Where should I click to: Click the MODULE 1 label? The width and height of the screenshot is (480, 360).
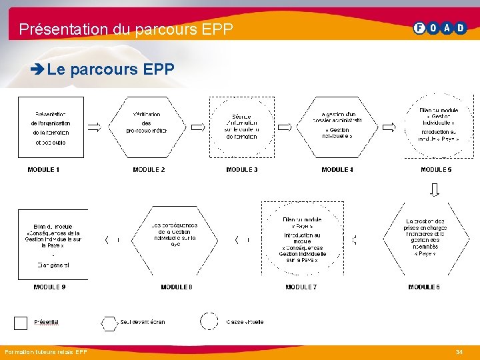click(x=43, y=170)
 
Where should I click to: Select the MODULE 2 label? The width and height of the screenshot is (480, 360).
click(x=149, y=170)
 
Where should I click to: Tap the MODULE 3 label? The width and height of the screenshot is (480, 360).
click(x=242, y=170)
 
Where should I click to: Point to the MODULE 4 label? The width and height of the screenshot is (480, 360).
click(x=337, y=170)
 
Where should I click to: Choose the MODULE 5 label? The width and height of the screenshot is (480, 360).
click(x=436, y=170)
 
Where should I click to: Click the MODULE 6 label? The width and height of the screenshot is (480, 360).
click(x=424, y=287)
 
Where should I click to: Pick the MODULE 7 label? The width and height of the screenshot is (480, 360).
click(x=301, y=287)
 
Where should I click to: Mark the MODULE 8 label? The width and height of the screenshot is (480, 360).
click(x=177, y=287)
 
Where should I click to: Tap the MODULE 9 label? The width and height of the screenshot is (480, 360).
click(x=49, y=287)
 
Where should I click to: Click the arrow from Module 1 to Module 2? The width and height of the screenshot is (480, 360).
click(x=94, y=127)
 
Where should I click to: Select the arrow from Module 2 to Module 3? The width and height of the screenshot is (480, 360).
click(x=198, y=127)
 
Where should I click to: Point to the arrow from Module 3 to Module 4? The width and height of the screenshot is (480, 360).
click(x=285, y=127)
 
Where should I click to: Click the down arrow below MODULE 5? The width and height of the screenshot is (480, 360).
click(x=435, y=189)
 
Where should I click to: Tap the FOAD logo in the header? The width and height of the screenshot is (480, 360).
click(x=441, y=28)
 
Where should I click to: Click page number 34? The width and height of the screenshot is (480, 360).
click(x=459, y=351)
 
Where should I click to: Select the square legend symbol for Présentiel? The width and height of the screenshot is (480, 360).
click(x=21, y=322)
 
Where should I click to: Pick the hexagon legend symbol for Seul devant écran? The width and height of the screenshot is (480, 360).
click(x=109, y=323)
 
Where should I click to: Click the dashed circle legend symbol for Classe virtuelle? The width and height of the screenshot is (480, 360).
click(x=209, y=322)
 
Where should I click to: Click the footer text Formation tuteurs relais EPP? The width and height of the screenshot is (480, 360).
click(x=45, y=351)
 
